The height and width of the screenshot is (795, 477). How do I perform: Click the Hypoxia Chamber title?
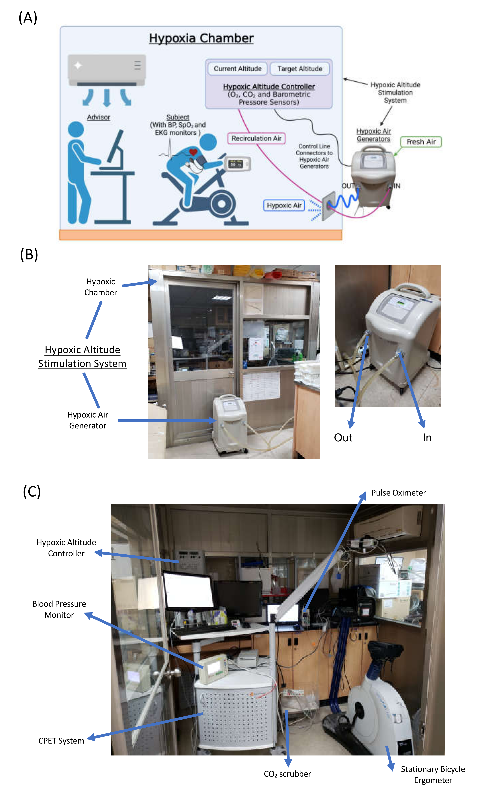pyautogui.click(x=201, y=38)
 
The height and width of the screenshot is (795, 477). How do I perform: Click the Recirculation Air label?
pyautogui.click(x=256, y=138)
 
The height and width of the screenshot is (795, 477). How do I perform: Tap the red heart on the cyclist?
pyautogui.click(x=193, y=152)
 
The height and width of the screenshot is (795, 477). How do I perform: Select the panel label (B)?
pyautogui.click(x=29, y=254)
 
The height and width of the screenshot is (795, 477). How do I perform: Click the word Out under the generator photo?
pyautogui.click(x=343, y=438)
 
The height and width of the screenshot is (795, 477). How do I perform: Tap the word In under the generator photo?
pyautogui.click(x=427, y=438)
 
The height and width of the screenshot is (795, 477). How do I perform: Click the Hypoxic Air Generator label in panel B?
pyautogui.click(x=88, y=420)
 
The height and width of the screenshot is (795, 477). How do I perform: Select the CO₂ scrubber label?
pyautogui.click(x=287, y=774)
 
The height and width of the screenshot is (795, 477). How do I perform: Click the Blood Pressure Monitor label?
pyautogui.click(x=59, y=609)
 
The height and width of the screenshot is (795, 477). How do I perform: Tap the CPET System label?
pyautogui.click(x=61, y=741)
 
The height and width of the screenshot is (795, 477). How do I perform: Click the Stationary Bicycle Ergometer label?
pyautogui.click(x=433, y=775)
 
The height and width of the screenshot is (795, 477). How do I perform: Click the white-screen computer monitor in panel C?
pyautogui.click(x=188, y=590)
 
